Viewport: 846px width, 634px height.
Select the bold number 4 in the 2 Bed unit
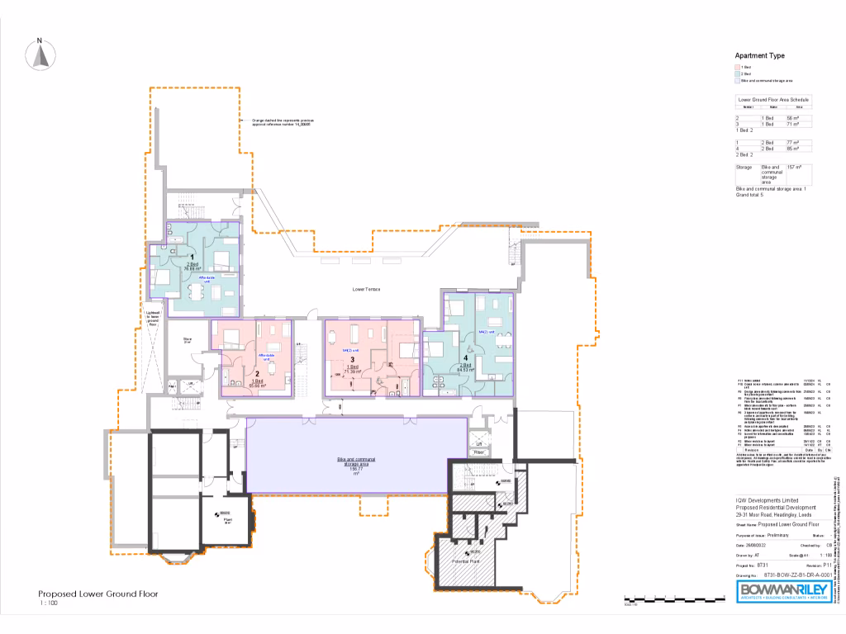[x=467, y=357]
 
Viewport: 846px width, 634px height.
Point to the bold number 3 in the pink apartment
[x=352, y=360]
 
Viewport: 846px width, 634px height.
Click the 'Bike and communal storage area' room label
[x=356, y=463]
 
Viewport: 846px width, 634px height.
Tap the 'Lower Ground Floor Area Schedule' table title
[x=773, y=99]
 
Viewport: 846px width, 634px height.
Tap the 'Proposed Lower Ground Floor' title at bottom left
[x=97, y=594]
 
